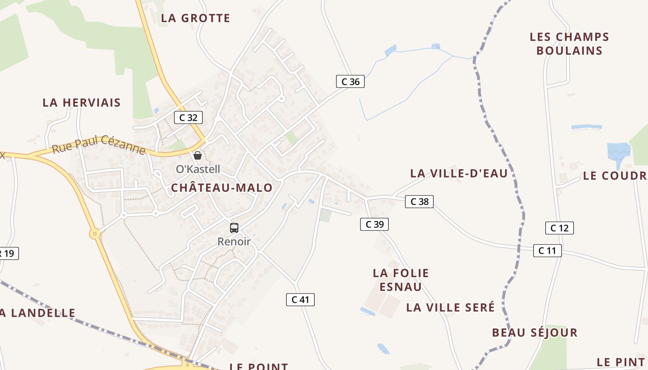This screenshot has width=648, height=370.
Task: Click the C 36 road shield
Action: (350, 82)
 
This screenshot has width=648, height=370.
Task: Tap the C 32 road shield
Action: (188, 117)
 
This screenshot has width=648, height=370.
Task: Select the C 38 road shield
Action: (419, 202)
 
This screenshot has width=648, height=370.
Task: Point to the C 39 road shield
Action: (374, 224)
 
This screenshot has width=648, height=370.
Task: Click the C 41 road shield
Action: (300, 300)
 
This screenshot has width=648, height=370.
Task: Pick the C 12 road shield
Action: (560, 228)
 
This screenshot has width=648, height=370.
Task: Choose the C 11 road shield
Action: (547, 251)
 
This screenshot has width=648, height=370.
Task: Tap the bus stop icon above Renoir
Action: (234, 228)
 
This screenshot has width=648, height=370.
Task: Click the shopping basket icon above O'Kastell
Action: (198, 155)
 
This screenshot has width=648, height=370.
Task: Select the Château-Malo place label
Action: (222, 187)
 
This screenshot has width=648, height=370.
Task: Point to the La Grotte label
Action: (195, 18)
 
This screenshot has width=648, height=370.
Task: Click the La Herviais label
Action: (81, 103)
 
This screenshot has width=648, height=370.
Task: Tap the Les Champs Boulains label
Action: (569, 43)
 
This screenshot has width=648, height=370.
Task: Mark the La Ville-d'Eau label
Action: (459, 173)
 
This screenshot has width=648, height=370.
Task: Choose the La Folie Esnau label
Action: (401, 280)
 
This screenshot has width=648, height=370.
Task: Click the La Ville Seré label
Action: (450, 307)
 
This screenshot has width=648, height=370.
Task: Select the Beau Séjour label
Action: (535, 333)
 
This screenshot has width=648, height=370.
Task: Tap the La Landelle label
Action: (37, 313)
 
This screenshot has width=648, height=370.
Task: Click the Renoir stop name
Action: (234, 241)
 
